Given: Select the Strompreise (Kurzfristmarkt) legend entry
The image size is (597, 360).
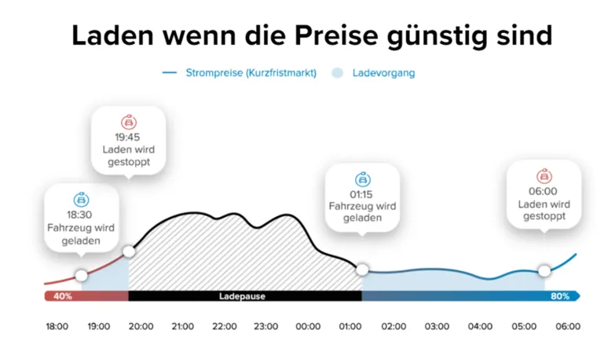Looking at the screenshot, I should (x=251, y=73).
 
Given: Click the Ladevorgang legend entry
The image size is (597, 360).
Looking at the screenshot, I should (x=383, y=73).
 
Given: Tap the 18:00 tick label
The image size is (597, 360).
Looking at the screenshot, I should (x=57, y=326).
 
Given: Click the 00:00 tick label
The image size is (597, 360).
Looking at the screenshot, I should (x=308, y=326).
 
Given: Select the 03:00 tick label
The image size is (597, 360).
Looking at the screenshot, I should (x=437, y=326).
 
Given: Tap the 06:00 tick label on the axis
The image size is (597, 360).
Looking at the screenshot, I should (x=567, y=326).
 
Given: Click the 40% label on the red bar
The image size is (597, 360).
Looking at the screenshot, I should (x=62, y=296).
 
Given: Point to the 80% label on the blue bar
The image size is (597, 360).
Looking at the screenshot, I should (x=560, y=296).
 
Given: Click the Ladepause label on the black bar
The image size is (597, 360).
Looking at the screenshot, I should (x=241, y=296).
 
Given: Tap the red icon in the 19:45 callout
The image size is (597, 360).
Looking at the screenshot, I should (x=128, y=122).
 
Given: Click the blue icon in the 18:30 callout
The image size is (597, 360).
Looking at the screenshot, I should (x=81, y=200).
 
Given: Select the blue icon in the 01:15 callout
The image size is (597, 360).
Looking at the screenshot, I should (x=362, y=178).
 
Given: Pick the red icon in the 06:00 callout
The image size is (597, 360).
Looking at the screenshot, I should (x=544, y=176).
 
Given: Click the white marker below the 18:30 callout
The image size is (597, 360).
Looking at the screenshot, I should (x=81, y=275).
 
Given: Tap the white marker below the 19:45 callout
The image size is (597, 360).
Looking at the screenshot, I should (x=129, y=252).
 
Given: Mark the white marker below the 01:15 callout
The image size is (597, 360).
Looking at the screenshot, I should (x=362, y=270).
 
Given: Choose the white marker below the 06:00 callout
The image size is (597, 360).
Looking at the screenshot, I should (x=544, y=270).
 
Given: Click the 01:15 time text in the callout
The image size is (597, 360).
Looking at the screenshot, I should (x=362, y=193).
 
